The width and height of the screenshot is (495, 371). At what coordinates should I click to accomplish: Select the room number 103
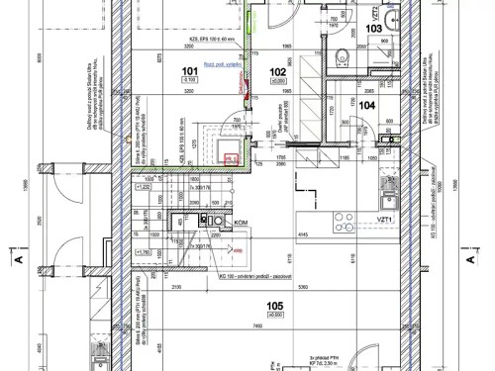[373, 29]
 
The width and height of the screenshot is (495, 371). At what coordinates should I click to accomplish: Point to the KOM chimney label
[239, 224]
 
